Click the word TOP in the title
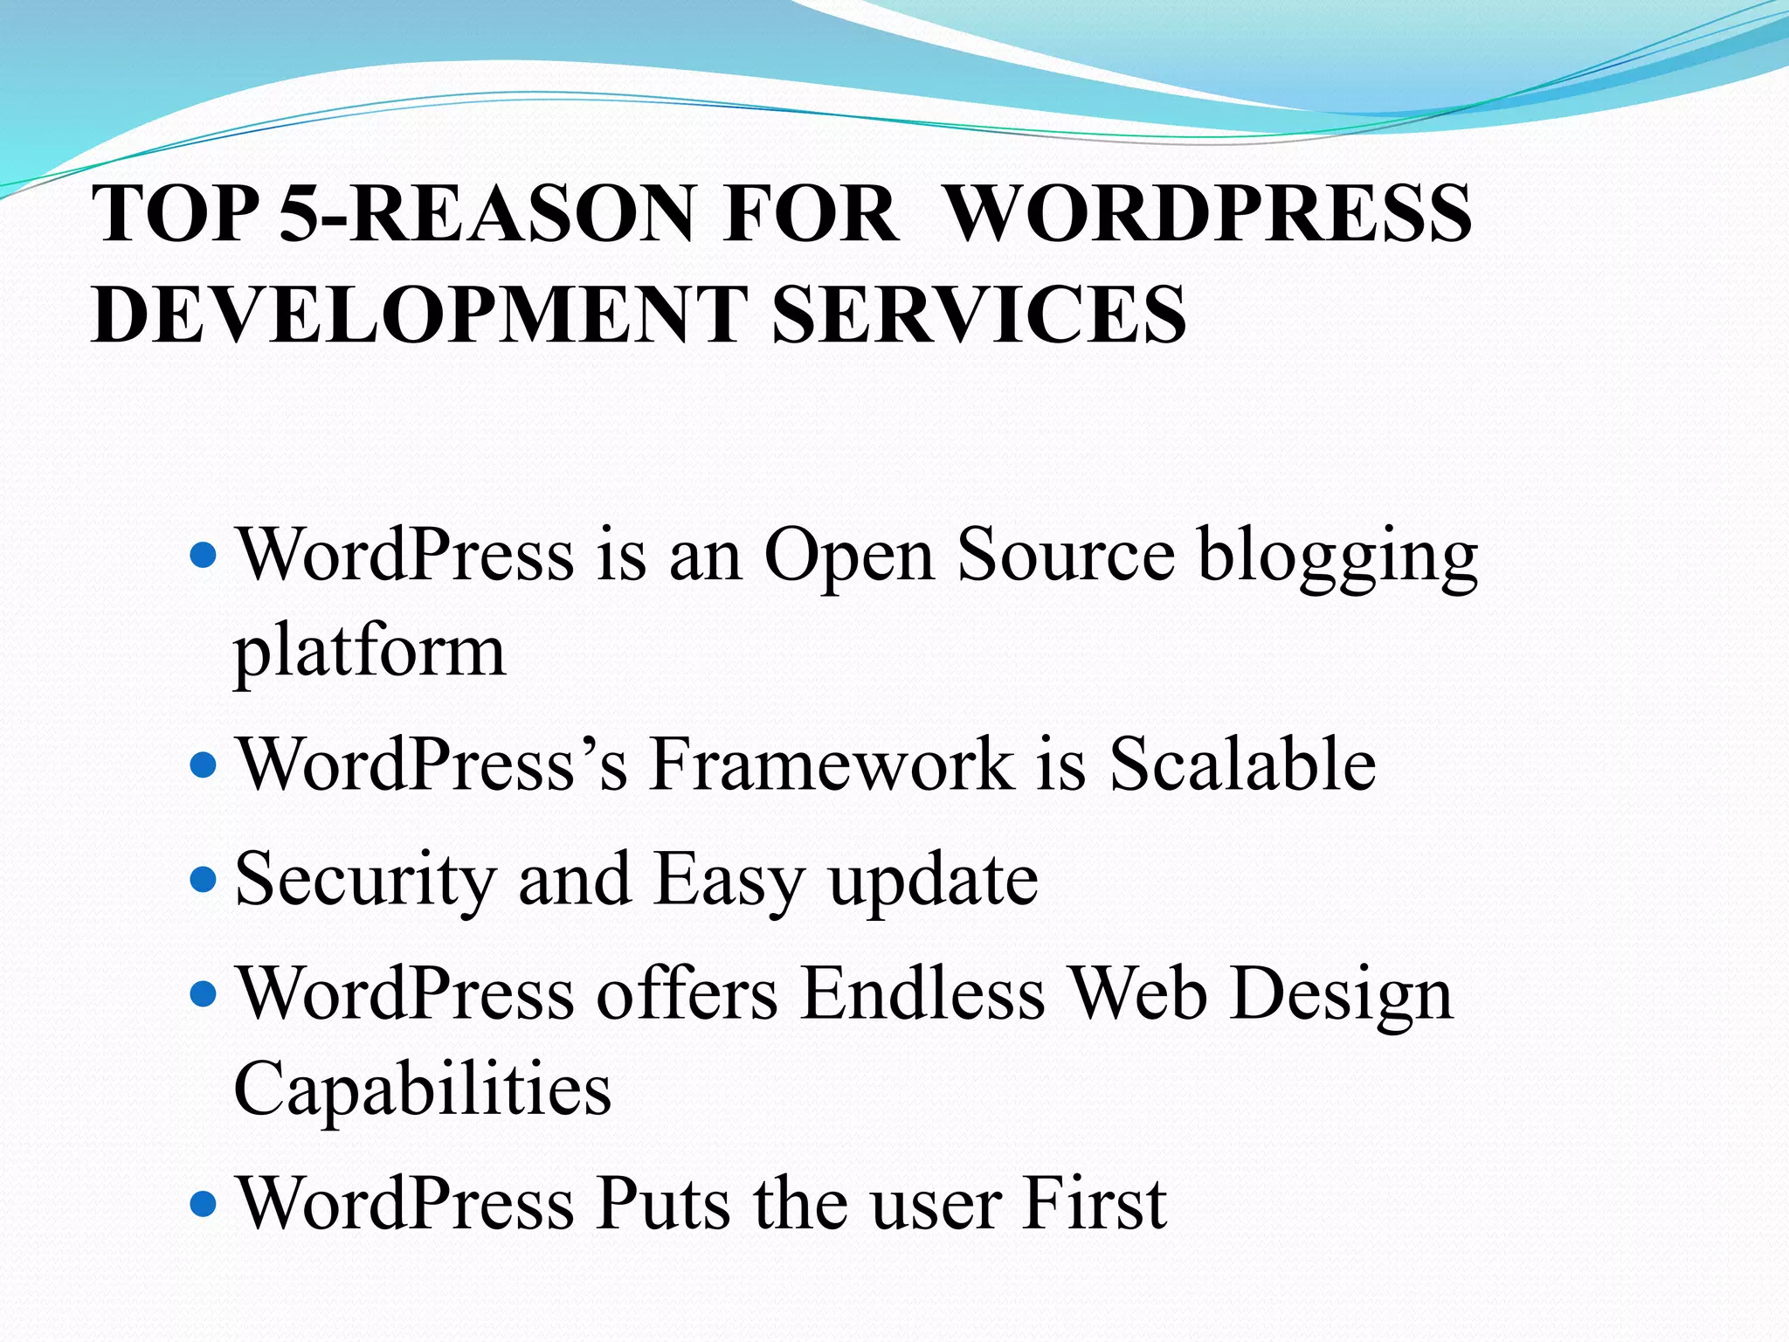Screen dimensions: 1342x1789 click(x=176, y=213)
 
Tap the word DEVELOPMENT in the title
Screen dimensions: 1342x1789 click(x=419, y=314)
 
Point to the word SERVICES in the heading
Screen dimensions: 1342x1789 click(x=979, y=314)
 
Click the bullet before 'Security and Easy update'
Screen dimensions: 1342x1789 click(x=203, y=878)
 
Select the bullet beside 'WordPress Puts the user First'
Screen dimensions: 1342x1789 click(x=203, y=1204)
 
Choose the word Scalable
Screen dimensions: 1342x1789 click(x=1242, y=763)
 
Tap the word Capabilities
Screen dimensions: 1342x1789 click(x=423, y=1090)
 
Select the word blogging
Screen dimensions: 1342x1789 click(x=1337, y=557)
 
